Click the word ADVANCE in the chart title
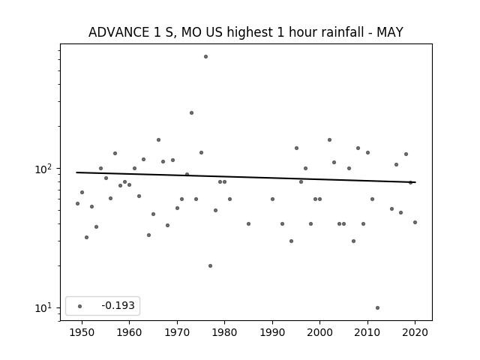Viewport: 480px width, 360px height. tap(117, 32)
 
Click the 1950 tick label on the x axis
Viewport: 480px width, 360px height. tap(82, 332)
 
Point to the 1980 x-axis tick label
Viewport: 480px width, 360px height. tap(224, 332)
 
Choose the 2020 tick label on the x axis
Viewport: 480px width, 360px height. tap(415, 332)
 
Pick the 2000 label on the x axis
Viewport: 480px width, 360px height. tap(319, 332)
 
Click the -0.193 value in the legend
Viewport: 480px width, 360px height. tap(118, 305)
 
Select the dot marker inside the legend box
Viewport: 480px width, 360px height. tap(79, 306)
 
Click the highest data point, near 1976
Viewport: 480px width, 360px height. tap(205, 57)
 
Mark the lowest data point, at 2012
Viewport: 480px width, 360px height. tap(377, 308)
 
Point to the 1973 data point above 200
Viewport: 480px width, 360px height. tap(191, 113)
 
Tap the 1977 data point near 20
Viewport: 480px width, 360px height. tap(210, 266)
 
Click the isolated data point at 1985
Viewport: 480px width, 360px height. tap(248, 224)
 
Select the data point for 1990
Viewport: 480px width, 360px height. tap(272, 199)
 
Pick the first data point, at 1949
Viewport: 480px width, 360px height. tap(77, 203)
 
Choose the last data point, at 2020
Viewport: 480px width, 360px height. tap(415, 223)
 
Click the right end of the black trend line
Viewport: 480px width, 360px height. tap(415, 182)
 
